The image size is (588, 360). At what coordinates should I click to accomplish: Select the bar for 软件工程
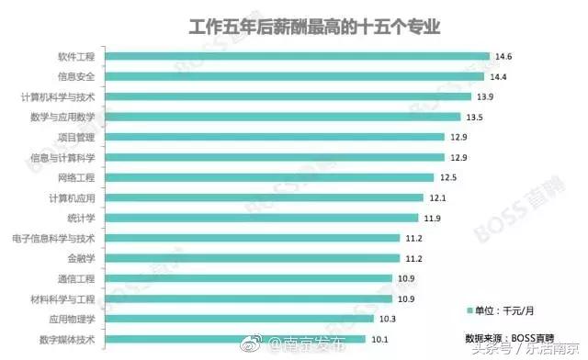[296, 56]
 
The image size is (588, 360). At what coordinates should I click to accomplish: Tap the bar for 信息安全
[293, 76]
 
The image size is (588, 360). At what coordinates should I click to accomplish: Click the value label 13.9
[486, 96]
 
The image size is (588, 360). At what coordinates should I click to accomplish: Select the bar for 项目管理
[277, 137]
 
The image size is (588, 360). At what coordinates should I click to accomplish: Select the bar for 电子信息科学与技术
[253, 238]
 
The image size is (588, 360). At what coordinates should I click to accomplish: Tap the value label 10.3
[388, 319]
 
